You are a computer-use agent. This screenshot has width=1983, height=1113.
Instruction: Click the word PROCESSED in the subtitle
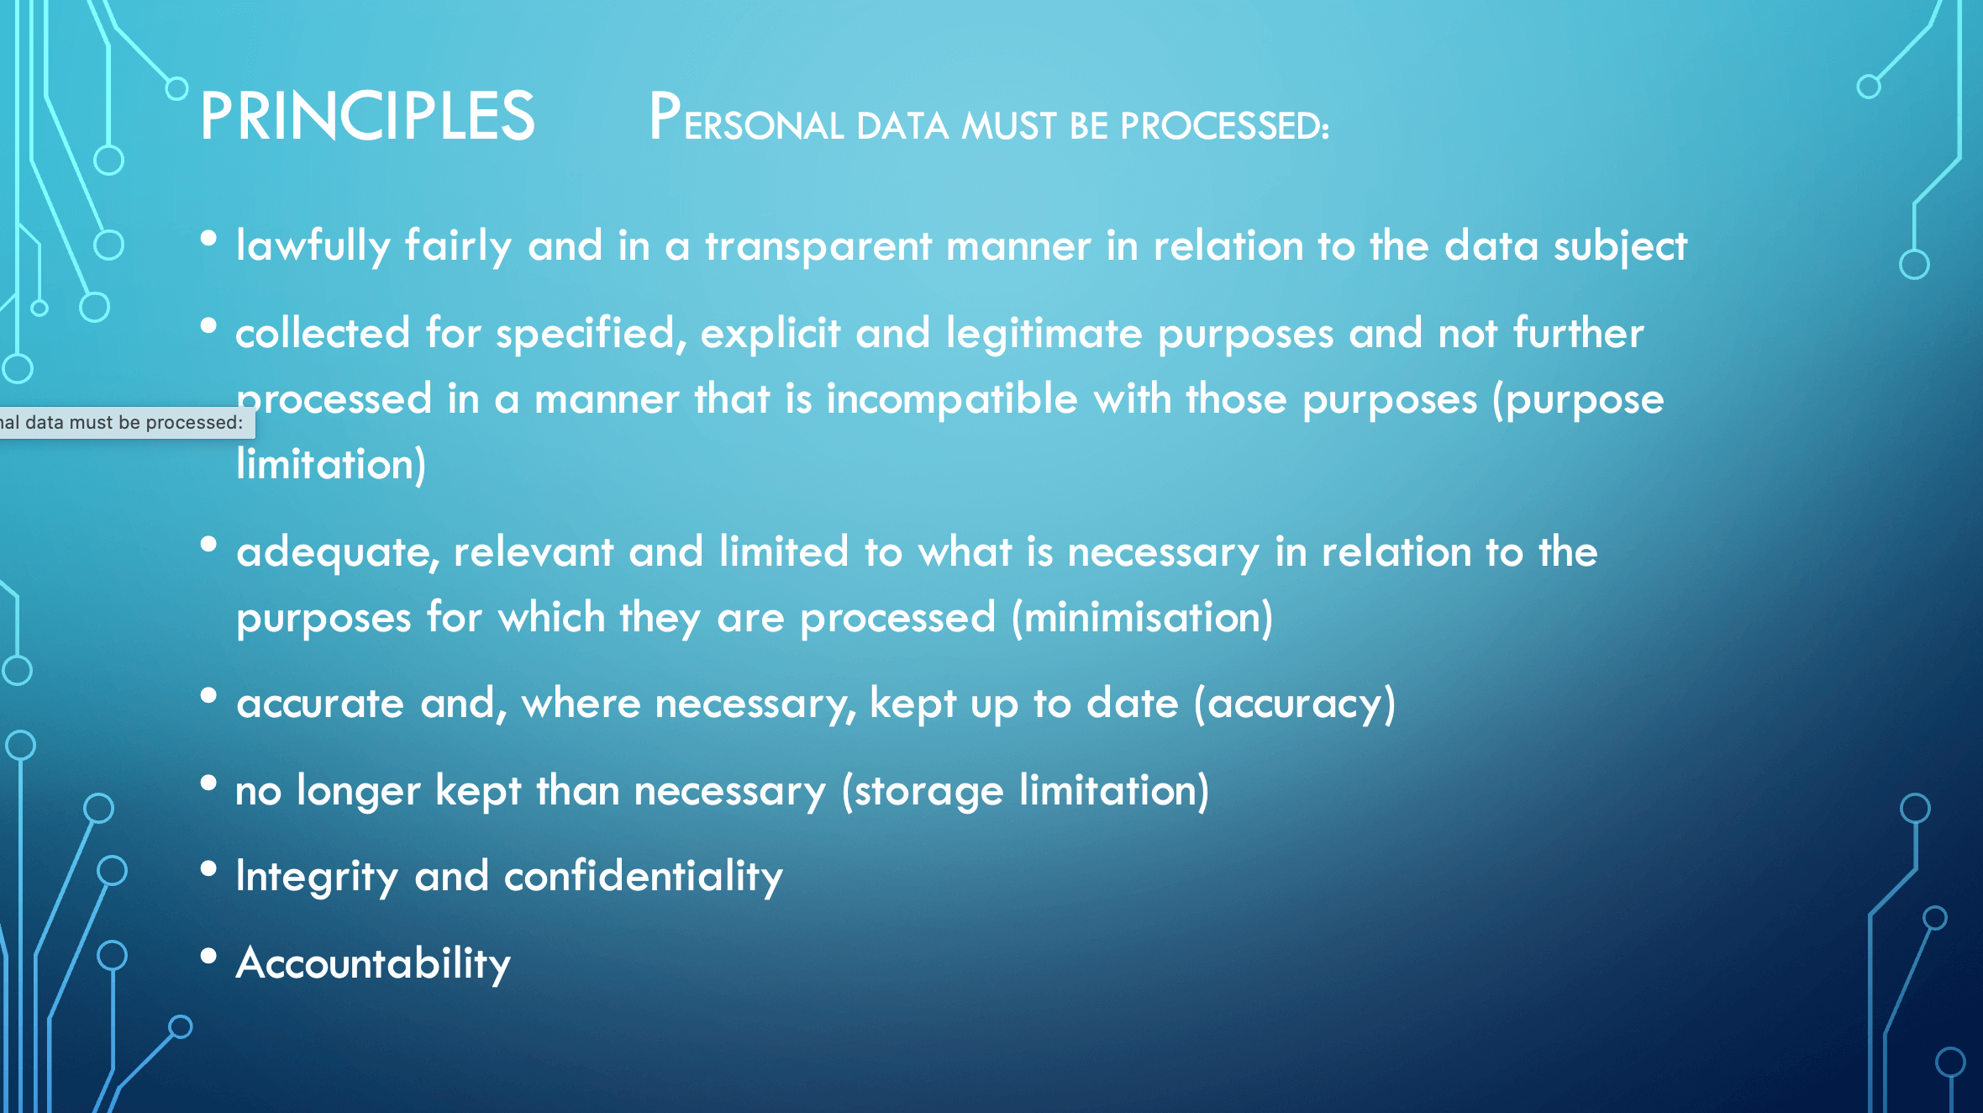point(1224,126)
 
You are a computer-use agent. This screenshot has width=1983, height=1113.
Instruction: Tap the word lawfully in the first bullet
point(313,247)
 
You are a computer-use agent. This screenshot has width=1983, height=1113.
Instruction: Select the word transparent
point(818,246)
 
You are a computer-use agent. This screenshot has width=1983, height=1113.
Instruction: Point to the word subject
point(1620,247)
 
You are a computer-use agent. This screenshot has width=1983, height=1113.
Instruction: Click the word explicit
point(771,334)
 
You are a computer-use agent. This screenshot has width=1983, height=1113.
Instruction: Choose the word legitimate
point(1044,334)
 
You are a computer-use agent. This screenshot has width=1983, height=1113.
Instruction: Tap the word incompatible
point(952,398)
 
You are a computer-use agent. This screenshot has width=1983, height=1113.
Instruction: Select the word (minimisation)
point(1143,618)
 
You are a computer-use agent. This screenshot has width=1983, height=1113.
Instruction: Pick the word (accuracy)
point(1295,704)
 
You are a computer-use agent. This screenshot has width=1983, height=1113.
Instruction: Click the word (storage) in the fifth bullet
point(923,792)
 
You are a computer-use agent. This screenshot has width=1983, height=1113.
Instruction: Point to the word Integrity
point(317,878)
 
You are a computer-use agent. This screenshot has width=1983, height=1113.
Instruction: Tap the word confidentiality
point(644,878)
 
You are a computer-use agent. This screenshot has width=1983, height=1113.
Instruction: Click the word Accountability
point(374,964)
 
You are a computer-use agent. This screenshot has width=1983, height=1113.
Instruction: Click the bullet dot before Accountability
point(209,956)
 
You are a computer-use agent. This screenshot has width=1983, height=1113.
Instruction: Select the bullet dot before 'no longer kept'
point(209,783)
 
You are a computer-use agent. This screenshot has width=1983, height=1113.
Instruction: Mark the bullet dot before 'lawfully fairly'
point(209,239)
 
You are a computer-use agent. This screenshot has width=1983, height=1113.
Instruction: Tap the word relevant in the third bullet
point(534,553)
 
